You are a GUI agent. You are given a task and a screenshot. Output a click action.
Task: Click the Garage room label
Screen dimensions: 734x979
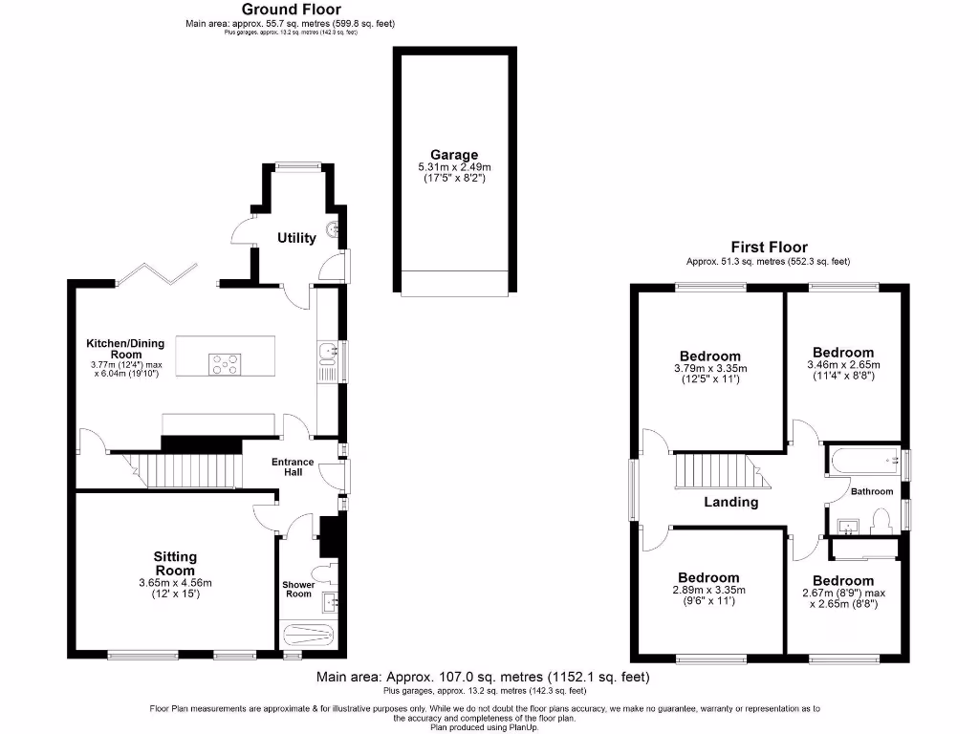pos(453,155)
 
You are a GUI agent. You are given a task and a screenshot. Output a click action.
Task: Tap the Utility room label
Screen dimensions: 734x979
pos(296,238)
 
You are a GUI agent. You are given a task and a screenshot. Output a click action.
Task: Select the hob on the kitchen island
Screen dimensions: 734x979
pos(225,362)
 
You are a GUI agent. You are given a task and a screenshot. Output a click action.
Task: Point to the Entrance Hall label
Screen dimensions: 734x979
pos(293,467)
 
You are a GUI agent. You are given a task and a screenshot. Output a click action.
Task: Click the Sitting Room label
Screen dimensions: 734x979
pos(176,563)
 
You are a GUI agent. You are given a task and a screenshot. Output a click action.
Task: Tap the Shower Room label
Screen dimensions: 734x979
pos(297,590)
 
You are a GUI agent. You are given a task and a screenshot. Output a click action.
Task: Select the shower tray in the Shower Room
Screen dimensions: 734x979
pos(306,636)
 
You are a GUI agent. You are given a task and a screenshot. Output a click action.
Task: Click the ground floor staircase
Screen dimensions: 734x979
pos(185,470)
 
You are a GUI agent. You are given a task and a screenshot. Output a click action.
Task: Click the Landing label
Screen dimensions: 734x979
pos(731,502)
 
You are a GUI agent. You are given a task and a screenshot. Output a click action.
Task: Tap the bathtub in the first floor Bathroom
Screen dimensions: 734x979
pos(864,461)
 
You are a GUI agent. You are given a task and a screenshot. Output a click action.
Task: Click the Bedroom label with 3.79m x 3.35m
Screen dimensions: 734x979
pos(709,356)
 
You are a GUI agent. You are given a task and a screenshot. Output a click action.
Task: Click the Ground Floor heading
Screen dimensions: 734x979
pos(291,10)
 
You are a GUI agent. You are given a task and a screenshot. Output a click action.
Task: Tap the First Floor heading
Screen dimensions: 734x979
pos(769,247)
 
